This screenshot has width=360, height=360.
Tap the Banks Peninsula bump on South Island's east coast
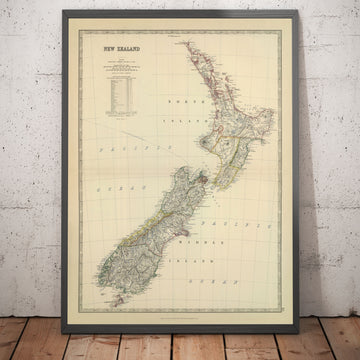[191, 213]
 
